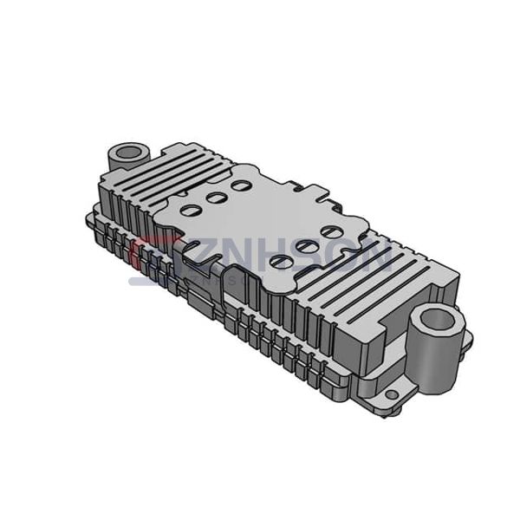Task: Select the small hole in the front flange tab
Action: [392, 395]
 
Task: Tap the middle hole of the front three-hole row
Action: [306, 246]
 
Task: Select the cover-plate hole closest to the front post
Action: [330, 232]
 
